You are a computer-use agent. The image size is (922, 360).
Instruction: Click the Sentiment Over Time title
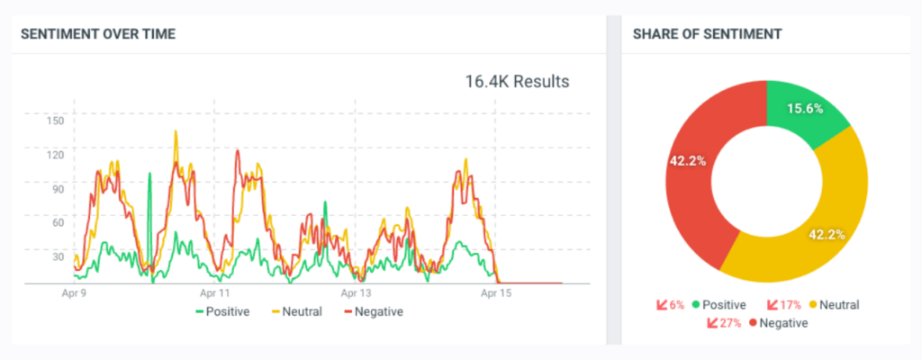coord(98,34)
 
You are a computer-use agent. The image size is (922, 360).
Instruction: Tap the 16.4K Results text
coord(517,82)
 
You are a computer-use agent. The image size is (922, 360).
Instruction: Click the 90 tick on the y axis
coord(57,189)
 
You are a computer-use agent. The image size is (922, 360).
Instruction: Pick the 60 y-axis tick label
coord(57,222)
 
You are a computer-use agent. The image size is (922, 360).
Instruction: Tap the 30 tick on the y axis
coord(57,256)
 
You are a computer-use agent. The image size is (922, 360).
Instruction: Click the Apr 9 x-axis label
coord(75,293)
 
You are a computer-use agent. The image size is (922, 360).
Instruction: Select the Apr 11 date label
coord(214,293)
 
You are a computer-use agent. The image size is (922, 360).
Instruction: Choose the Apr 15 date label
coord(496,293)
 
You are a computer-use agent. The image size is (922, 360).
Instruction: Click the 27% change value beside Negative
coord(728,322)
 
